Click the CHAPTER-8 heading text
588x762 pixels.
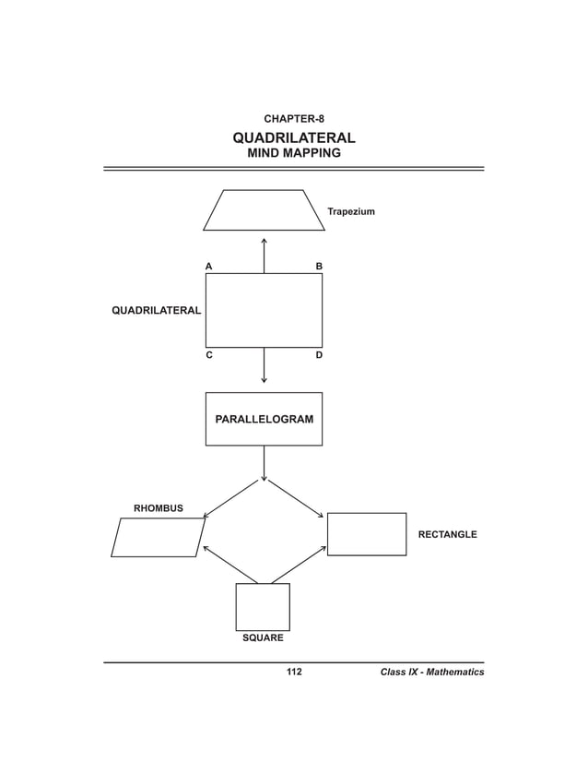tap(293, 119)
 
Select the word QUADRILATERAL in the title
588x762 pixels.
tap(293, 138)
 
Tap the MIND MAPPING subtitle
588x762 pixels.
tap(293, 154)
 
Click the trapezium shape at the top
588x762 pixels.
tap(264, 210)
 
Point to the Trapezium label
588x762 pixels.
tap(351, 212)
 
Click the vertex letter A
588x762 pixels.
tap(209, 266)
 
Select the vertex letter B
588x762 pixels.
tap(319, 266)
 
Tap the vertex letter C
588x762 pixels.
tap(209, 355)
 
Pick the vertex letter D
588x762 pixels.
tap(319, 355)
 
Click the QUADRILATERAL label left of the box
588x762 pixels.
tap(156, 311)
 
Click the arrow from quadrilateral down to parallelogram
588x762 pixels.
tap(264, 365)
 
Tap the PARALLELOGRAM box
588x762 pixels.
tap(264, 419)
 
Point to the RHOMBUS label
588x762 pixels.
tap(159, 508)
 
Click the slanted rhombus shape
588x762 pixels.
tap(158, 537)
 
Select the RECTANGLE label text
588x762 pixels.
tap(447, 535)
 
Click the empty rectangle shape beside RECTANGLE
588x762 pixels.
tap(367, 534)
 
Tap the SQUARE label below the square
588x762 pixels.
tap(263, 638)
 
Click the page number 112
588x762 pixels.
tap(294, 673)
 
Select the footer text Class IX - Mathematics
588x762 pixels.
tap(431, 673)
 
